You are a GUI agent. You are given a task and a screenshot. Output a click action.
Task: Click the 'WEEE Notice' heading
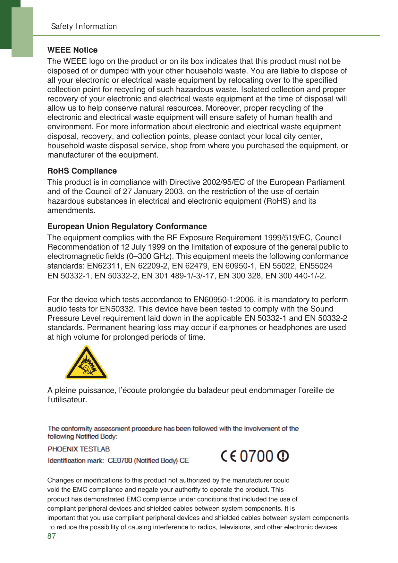point(72,50)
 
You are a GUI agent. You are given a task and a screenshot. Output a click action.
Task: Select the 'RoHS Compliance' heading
point(82,171)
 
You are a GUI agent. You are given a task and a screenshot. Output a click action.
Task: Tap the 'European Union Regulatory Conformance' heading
point(127,226)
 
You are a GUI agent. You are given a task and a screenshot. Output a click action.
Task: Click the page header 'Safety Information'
point(84,27)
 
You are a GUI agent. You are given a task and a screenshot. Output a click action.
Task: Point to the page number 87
point(51,536)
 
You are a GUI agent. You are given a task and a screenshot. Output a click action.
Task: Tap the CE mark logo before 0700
point(229,456)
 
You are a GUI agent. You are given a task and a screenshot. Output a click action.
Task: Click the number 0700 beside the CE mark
point(257,456)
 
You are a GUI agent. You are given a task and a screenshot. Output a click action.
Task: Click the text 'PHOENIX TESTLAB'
point(79,449)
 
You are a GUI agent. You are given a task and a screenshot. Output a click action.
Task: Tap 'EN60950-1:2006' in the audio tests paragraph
point(223,300)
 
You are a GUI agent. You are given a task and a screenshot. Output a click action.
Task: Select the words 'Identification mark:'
point(76,461)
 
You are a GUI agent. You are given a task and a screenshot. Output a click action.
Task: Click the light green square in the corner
point(22,32)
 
